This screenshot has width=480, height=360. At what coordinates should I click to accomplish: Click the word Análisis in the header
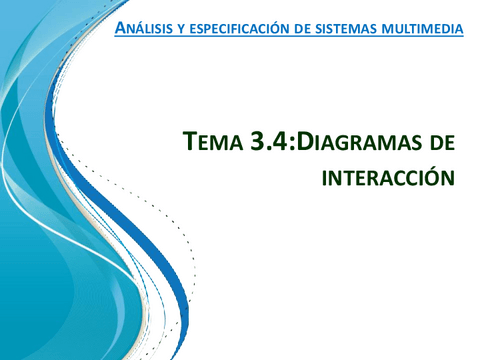(146, 27)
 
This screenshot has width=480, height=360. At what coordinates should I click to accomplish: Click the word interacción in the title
(383, 177)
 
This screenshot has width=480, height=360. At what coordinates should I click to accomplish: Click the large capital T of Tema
(191, 143)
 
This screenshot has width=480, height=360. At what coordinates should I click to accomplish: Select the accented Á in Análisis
(121, 26)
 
